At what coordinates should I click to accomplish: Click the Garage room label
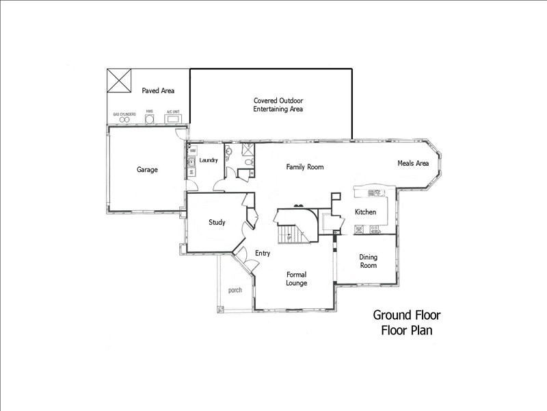147,170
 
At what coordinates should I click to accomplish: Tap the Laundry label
208,160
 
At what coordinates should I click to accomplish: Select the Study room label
217,222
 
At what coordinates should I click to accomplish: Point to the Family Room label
304,167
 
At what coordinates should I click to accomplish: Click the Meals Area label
413,163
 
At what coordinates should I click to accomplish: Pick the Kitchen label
365,212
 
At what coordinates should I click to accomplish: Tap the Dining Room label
369,261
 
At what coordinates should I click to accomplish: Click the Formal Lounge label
296,279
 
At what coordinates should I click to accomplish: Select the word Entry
263,253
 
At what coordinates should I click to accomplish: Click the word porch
235,290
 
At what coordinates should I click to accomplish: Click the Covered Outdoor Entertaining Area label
278,105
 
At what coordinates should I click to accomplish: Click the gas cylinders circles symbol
124,121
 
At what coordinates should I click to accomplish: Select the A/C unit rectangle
173,121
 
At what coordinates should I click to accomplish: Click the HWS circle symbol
149,121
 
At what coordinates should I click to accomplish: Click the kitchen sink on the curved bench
374,192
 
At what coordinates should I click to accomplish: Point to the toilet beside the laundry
250,162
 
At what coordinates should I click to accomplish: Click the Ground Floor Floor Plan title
407,323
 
